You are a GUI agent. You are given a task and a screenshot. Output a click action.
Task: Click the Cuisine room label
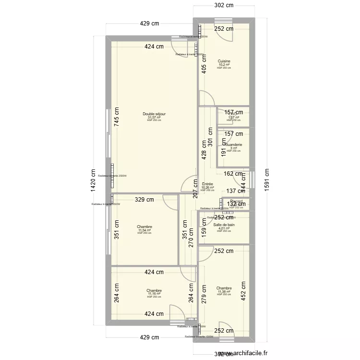[224, 61]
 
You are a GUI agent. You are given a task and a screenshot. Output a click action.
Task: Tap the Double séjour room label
[154, 114]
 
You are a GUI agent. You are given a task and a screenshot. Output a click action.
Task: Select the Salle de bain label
[224, 225]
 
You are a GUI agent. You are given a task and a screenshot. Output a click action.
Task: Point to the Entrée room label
[207, 184]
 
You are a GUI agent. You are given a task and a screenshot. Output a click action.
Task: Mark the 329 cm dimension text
[144, 199]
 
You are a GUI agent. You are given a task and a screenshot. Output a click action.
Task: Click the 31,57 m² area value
[154, 117]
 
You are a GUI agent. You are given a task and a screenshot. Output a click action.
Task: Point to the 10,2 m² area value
[224, 65]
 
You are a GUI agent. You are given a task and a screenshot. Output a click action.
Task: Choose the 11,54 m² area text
[144, 230]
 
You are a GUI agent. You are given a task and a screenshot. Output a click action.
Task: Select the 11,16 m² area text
[154, 294]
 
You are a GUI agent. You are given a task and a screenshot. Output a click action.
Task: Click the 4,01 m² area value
[224, 228]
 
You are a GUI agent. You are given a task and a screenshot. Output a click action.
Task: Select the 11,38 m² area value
[224, 291]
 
